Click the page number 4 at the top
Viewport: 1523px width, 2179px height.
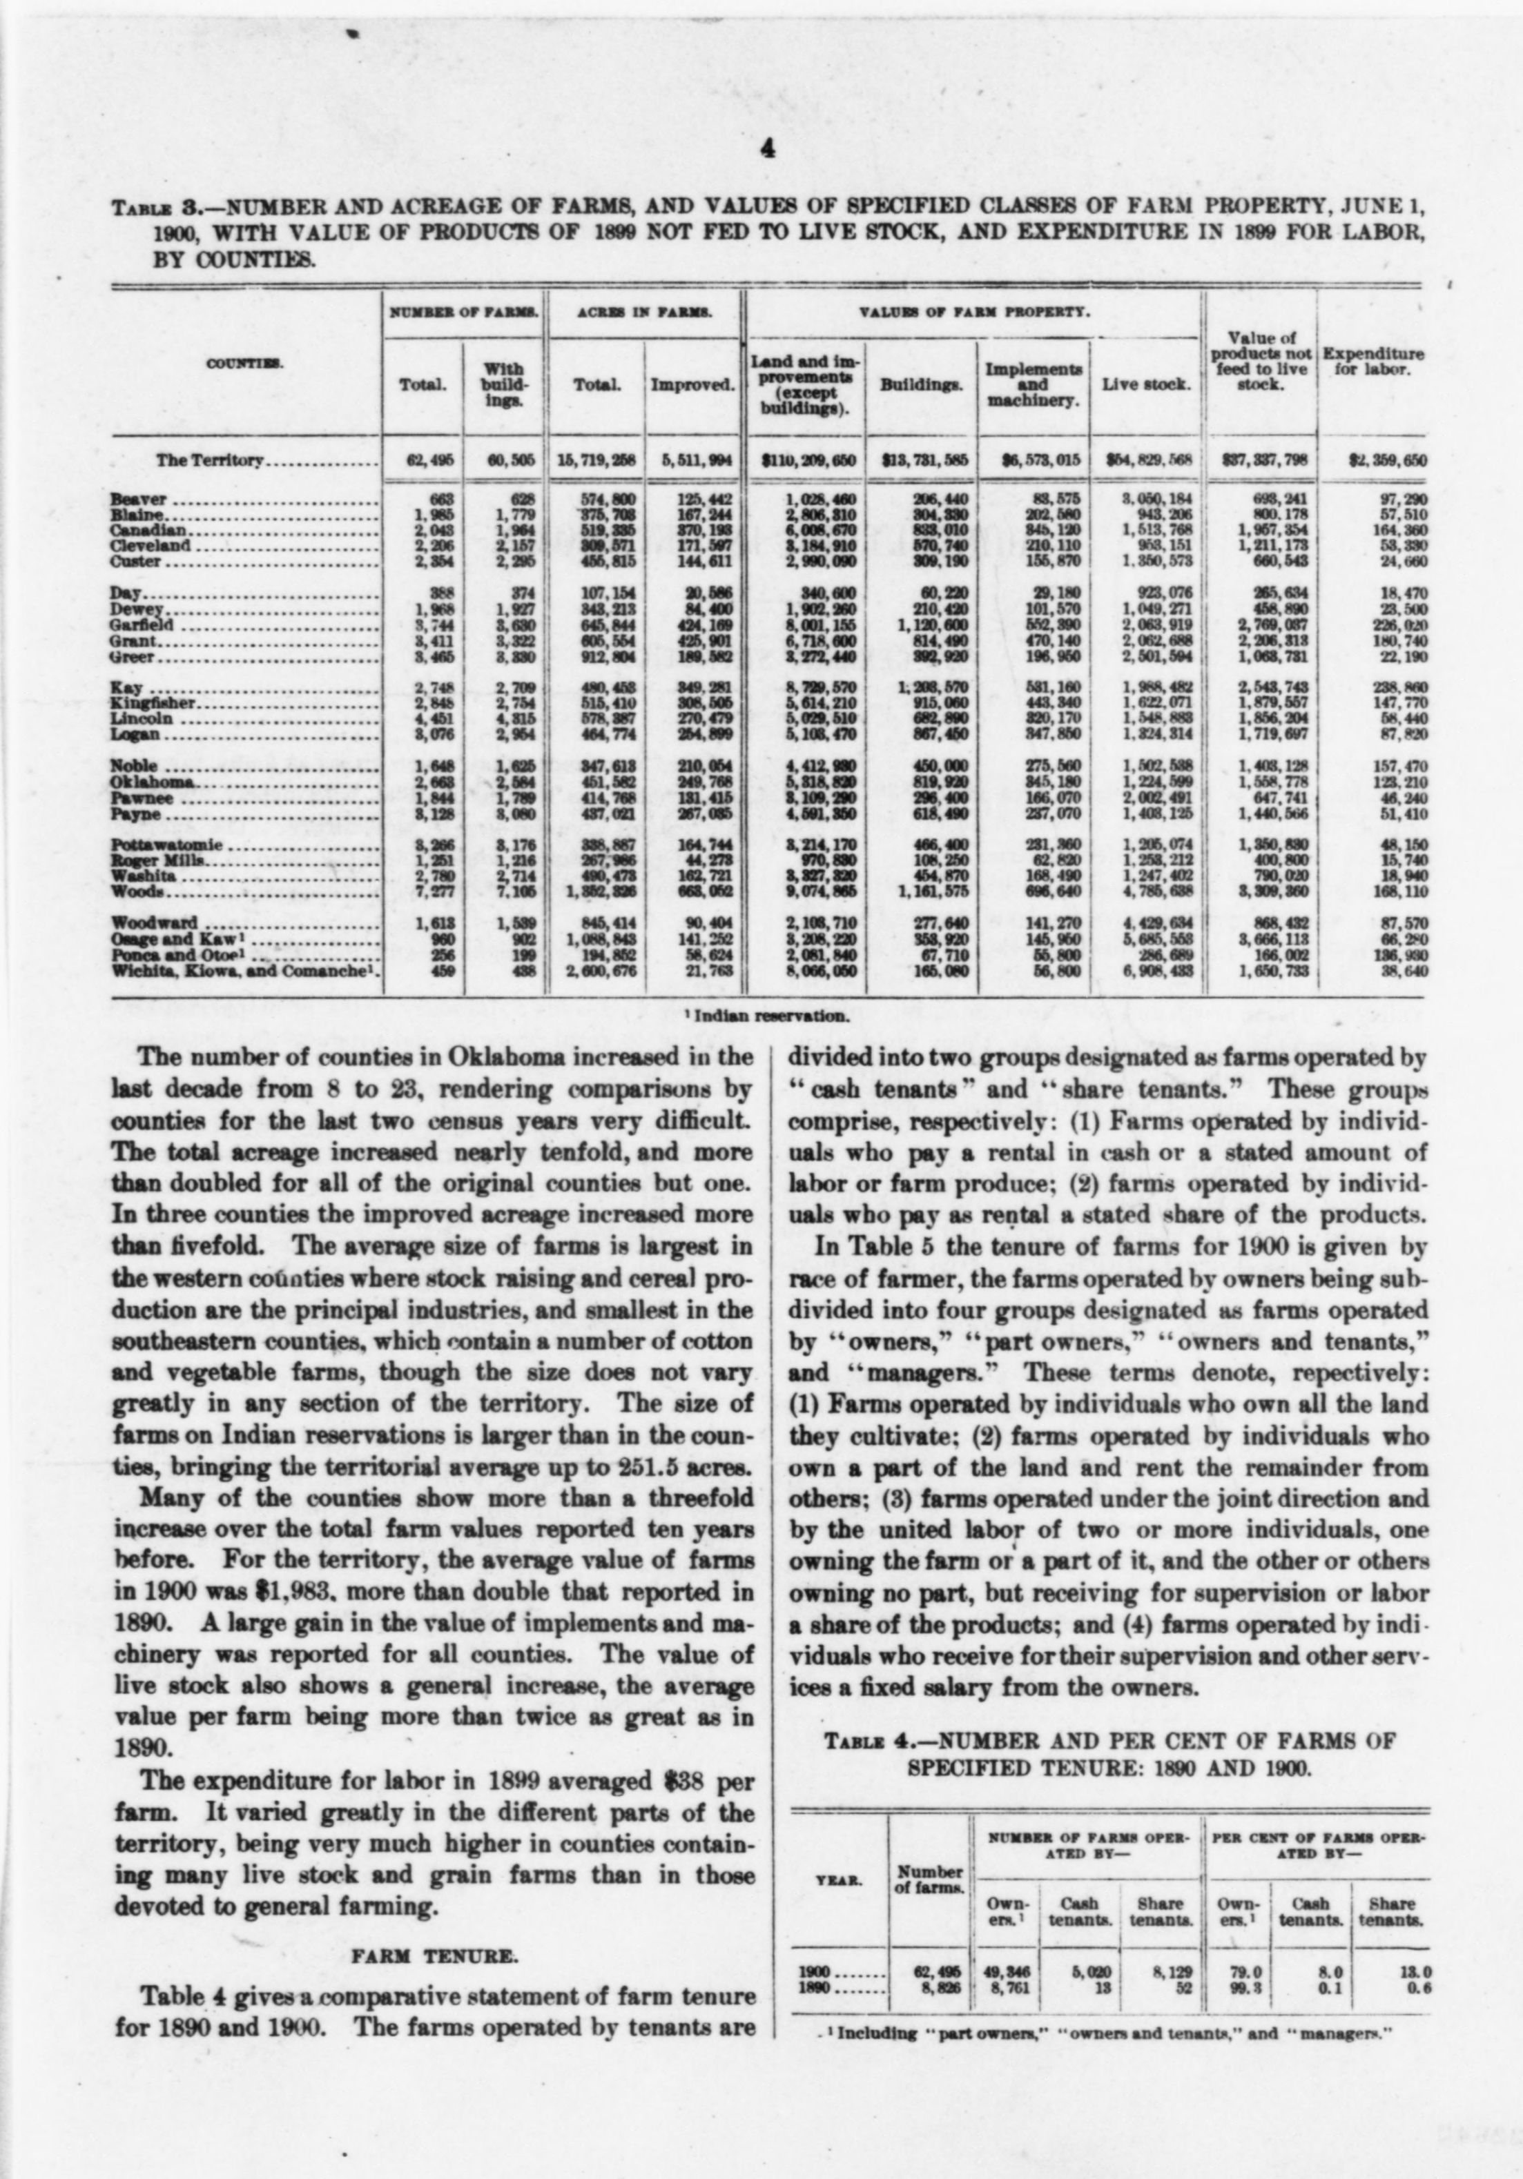tap(767, 149)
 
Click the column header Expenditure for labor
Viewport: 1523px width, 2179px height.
tap(1372, 362)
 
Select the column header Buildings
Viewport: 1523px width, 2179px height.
tap(920, 385)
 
